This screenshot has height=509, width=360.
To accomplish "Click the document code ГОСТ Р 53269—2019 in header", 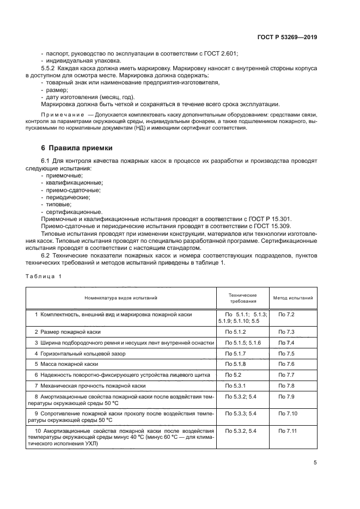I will [x=287, y=38].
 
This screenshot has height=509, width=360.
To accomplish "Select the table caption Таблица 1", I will [x=44, y=276].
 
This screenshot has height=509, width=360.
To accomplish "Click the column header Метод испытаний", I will [x=293, y=298].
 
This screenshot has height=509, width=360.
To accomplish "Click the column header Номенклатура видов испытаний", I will [x=120, y=298].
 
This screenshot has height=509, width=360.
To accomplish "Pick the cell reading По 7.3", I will [x=286, y=332].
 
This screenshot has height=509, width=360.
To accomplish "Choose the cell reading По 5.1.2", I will [x=236, y=332].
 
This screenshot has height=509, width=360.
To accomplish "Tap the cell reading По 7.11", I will [x=288, y=431].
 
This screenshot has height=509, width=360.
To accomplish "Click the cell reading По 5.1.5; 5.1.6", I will [x=243, y=342].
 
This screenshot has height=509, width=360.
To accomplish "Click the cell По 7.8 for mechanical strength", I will [x=286, y=385].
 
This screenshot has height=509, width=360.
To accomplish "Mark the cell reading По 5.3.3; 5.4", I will [x=241, y=413].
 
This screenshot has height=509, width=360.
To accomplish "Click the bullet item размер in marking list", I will [x=57, y=90].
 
